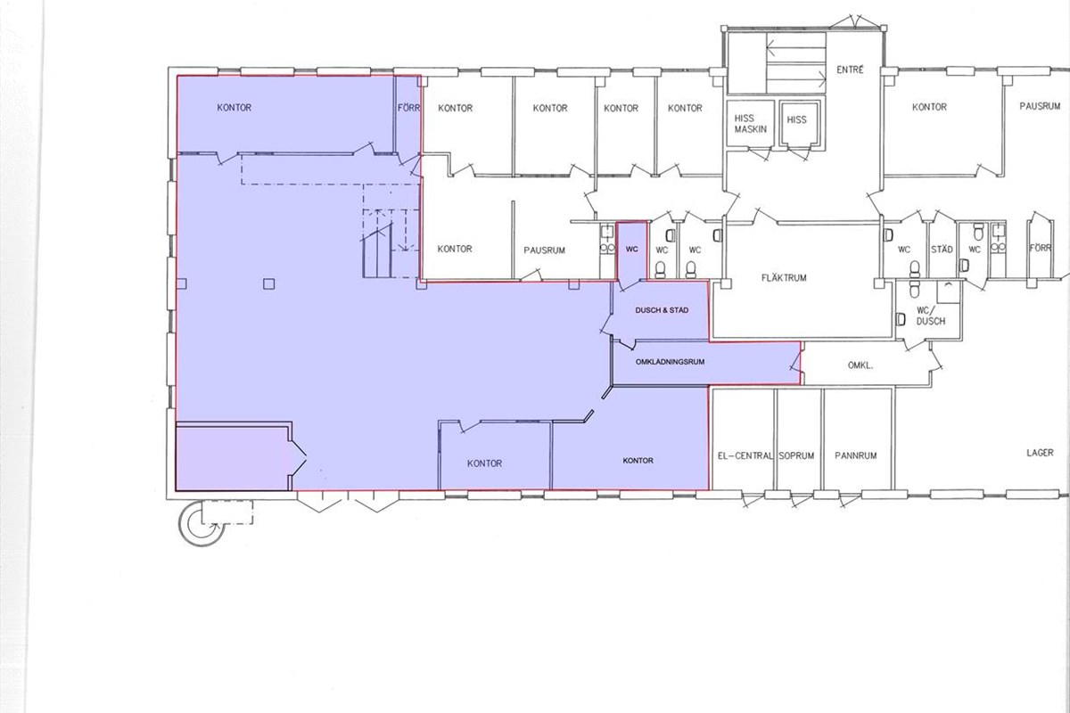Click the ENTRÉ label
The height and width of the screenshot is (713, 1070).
851,70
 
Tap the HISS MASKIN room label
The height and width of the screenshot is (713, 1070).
751,124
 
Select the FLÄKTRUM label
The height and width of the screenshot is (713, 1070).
784,277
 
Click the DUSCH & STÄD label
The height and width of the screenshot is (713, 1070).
662,310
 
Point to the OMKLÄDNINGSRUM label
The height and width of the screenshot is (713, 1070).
670,362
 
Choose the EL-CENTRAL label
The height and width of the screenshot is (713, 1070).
745,455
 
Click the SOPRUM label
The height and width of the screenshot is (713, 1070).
796,455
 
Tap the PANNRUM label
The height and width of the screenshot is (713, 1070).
855,455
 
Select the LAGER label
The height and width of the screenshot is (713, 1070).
1040,452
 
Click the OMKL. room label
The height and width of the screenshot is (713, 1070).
860,365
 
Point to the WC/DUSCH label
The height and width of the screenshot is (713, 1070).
931,316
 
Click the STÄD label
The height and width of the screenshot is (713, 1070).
942,250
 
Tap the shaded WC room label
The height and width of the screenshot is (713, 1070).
631,250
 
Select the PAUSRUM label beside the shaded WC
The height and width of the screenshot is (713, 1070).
544,250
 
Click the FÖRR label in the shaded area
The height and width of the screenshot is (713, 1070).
408,108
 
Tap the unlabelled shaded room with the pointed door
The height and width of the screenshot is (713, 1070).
234,457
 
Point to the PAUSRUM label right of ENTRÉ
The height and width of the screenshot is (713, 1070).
1040,106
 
